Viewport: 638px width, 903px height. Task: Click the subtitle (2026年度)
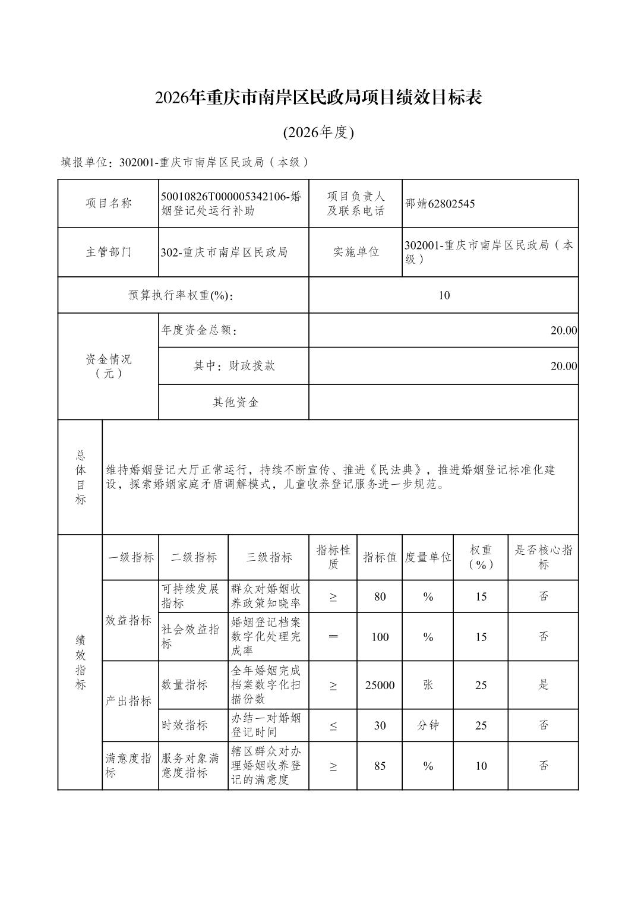tap(318, 132)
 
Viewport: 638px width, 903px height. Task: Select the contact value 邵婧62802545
tap(440, 204)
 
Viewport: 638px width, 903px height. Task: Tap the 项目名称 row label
tap(108, 203)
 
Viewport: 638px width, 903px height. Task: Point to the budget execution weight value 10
tap(444, 295)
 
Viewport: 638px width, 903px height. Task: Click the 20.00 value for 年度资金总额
tap(563, 330)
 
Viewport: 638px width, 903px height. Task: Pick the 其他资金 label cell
tap(235, 402)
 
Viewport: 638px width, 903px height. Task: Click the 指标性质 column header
tap(333, 557)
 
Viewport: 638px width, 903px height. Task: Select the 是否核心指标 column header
tap(543, 557)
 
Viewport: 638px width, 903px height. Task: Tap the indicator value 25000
tap(380, 685)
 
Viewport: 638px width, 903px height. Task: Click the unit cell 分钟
tap(428, 725)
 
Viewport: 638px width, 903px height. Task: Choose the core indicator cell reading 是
tap(543, 685)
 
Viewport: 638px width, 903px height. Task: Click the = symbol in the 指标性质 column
tap(333, 637)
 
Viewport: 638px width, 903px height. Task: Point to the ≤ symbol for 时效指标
tap(333, 725)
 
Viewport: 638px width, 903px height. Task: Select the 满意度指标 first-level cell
tap(129, 766)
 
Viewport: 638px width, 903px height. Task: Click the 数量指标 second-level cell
tap(185, 685)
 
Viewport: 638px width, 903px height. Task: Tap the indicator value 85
tap(380, 766)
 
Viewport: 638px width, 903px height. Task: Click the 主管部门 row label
tap(108, 252)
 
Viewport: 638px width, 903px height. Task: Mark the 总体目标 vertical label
tap(80, 477)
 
